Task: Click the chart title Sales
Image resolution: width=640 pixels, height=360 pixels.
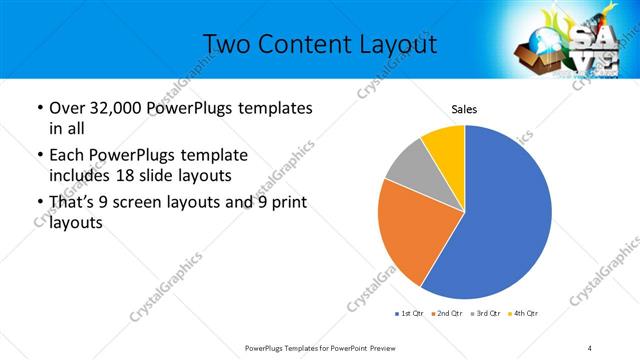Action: tap(464, 109)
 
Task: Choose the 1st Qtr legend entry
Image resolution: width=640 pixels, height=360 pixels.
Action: tap(410, 314)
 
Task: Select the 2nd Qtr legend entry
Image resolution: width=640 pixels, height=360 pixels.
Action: tap(446, 314)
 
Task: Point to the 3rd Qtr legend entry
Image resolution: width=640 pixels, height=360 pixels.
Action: tap(483, 314)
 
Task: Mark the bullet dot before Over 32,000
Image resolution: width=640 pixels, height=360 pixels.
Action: tap(38, 108)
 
